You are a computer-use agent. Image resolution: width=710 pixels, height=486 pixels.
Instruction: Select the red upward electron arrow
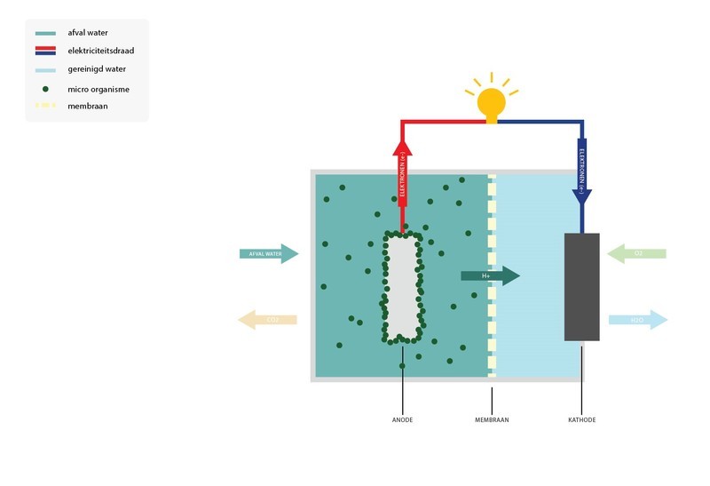point(403,178)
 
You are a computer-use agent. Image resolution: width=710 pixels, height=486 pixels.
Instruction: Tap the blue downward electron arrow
point(582,173)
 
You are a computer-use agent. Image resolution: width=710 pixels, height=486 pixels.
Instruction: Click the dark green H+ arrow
point(489,275)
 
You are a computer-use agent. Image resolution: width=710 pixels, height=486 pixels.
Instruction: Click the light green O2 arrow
point(636,254)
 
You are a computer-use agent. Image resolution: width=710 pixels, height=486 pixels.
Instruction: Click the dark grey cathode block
point(582,286)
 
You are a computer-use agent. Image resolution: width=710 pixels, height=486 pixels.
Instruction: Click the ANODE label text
point(402,419)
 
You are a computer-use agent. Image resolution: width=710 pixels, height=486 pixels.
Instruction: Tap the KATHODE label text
point(582,419)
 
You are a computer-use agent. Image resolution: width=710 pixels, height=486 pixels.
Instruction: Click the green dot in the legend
point(45,89)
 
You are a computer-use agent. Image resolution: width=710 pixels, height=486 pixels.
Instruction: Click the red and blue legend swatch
point(45,51)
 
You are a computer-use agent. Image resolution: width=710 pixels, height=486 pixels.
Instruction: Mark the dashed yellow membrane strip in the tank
point(492,275)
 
